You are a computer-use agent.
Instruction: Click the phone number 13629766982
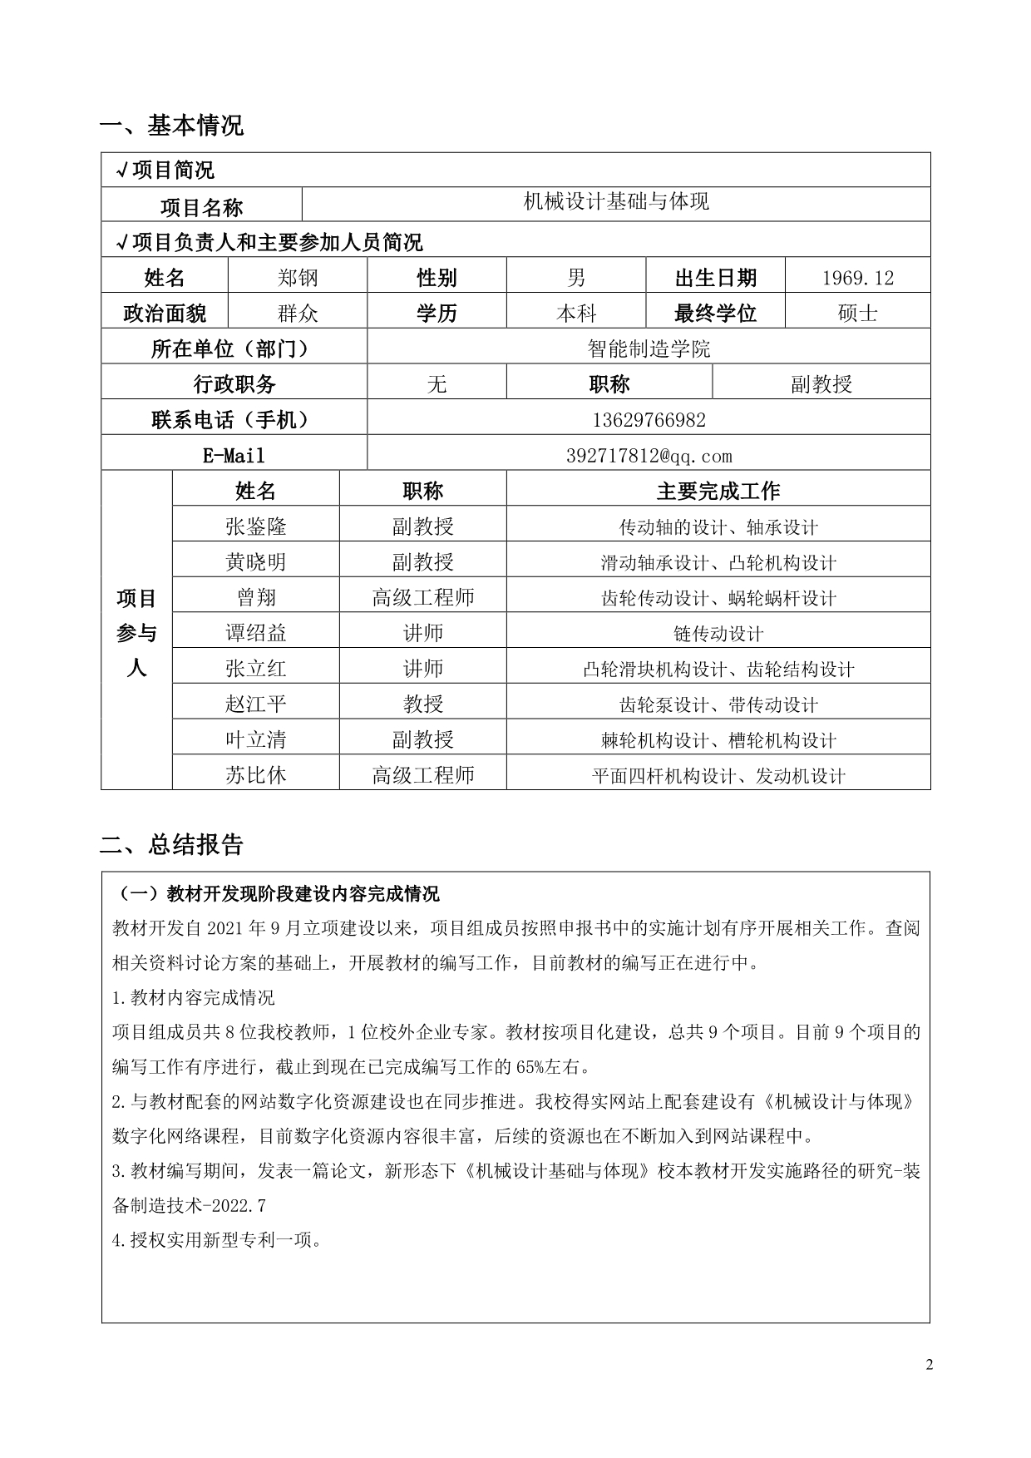pos(649,420)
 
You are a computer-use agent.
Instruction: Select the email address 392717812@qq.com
pos(649,456)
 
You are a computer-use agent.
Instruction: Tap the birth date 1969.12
pos(857,278)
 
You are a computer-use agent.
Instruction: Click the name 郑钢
pos(298,278)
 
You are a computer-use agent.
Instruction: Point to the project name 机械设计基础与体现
pos(616,202)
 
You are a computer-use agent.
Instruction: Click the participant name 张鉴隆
pos(255,526)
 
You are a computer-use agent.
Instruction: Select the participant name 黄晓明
pos(255,562)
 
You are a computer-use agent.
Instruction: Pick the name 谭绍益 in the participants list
pos(255,633)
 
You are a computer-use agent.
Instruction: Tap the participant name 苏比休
pos(255,775)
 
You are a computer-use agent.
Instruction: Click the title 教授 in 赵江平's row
pos(422,704)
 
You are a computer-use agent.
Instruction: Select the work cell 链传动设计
pos(718,634)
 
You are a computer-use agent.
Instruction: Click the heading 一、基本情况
pos(171,126)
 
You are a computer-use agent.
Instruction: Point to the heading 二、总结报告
pos(171,845)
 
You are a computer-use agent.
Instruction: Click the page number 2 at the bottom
pos(930,1365)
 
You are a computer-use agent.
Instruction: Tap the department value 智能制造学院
pos(649,348)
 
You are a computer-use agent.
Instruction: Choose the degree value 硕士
pos(857,314)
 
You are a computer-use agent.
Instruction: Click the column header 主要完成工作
pos(718,491)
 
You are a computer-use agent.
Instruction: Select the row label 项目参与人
pos(136,632)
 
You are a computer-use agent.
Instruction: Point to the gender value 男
pos(576,278)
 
